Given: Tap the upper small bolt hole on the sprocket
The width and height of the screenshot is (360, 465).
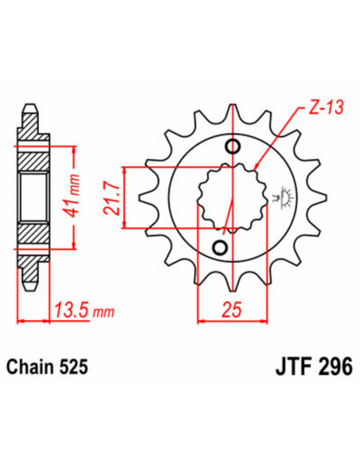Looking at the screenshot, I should [233, 147].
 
